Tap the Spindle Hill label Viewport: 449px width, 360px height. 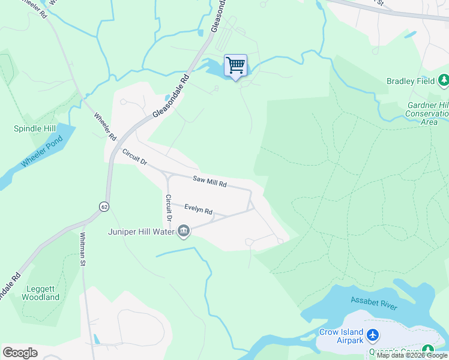click(36, 128)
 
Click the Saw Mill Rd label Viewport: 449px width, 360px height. click(209, 181)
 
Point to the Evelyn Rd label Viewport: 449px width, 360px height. click(199, 210)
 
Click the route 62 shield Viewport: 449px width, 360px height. click(104, 206)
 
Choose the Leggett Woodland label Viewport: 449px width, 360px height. click(41, 292)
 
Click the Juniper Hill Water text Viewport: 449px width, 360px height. click(141, 232)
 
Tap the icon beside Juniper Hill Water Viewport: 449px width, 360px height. click(184, 231)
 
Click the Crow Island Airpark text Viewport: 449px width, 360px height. click(340, 336)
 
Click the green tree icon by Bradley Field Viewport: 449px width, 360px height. click(444, 80)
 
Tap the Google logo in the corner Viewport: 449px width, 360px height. click(20, 352)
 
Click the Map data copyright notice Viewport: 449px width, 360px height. click(412, 356)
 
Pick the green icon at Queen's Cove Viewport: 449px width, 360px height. click(427, 350)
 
